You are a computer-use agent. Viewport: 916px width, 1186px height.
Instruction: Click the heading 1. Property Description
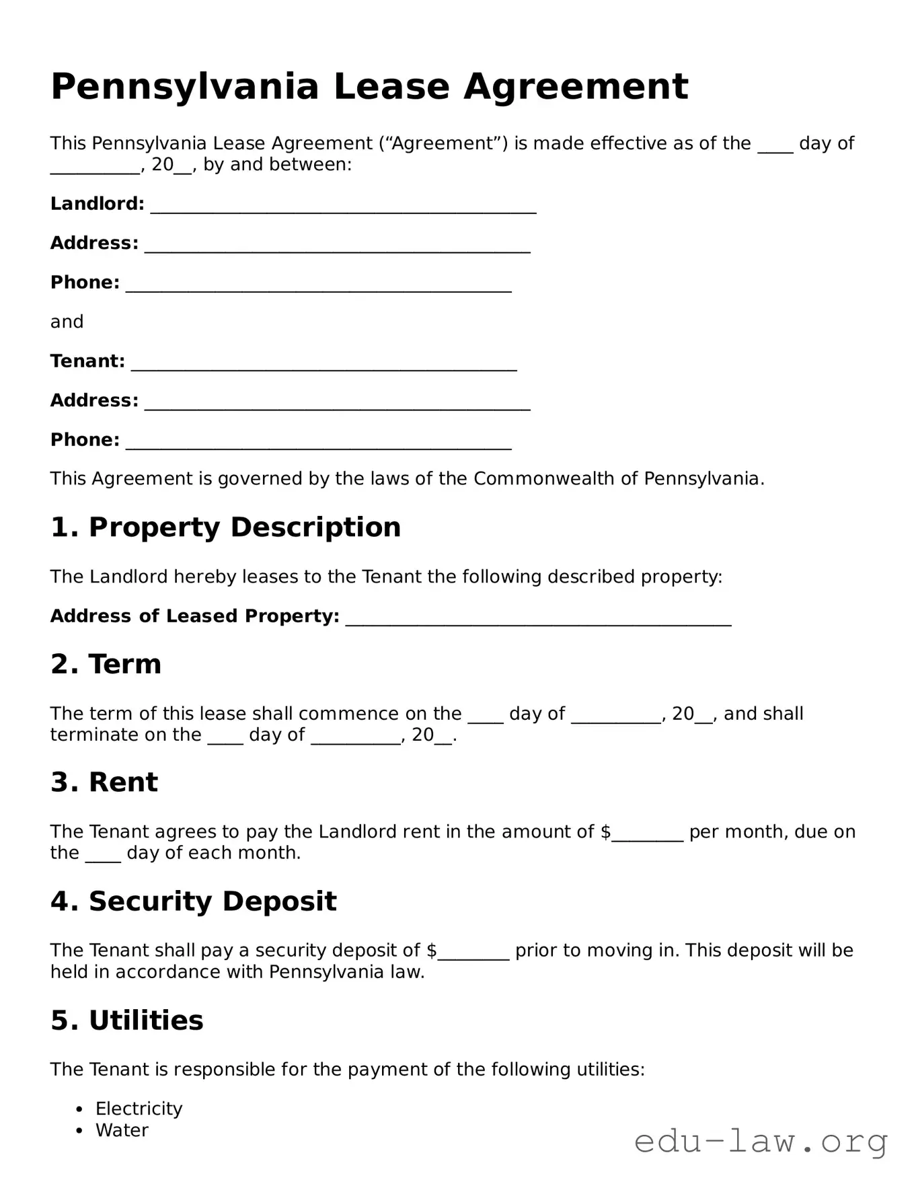(x=225, y=527)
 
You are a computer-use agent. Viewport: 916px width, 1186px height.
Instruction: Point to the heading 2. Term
(x=106, y=665)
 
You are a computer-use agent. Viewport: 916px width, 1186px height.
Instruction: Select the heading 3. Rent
(x=104, y=782)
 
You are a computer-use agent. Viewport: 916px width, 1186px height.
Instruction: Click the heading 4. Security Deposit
(x=193, y=901)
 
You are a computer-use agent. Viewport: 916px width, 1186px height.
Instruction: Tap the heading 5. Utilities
(x=126, y=1021)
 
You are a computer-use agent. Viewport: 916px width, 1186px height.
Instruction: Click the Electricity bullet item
(x=139, y=1109)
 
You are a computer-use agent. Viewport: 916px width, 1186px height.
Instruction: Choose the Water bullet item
(x=122, y=1130)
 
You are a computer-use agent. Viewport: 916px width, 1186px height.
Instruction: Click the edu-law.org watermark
(x=761, y=1142)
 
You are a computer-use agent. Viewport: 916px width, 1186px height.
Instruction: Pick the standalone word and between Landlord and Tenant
(x=67, y=322)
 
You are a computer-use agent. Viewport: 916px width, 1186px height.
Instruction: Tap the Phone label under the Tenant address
(x=85, y=440)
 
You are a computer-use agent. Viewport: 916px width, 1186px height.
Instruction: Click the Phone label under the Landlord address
(x=85, y=283)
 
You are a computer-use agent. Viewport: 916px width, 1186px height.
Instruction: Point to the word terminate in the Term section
(x=91, y=735)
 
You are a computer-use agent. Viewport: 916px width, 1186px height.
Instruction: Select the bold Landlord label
(x=97, y=204)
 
